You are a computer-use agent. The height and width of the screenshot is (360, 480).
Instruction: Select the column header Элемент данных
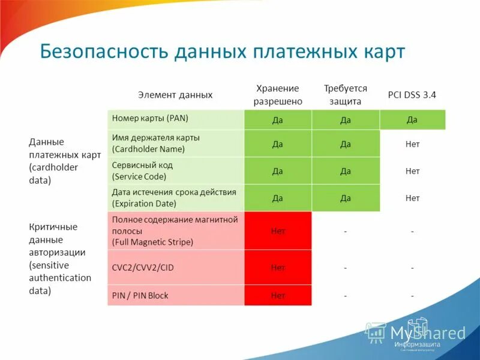175,95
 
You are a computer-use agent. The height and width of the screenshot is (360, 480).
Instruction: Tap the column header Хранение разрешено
277,95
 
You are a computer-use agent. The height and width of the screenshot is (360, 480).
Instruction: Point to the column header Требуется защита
345,95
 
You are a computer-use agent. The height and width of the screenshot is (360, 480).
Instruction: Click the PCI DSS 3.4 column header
412,95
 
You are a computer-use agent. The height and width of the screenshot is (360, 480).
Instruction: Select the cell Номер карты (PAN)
175,119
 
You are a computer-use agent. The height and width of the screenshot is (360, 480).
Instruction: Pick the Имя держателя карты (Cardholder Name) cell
175,143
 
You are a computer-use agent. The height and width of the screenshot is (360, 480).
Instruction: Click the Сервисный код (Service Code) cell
175,170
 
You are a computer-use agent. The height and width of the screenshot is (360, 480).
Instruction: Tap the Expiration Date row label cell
175,197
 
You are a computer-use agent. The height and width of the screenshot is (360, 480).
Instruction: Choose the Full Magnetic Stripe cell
175,230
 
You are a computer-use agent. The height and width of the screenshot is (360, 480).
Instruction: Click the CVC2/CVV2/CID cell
175,267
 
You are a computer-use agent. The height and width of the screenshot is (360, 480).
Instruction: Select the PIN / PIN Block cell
175,295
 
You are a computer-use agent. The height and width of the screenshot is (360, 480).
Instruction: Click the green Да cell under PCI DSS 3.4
412,119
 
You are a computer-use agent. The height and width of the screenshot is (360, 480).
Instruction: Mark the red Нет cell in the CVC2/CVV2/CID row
278,267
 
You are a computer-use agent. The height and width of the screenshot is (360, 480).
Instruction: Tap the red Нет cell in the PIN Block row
278,295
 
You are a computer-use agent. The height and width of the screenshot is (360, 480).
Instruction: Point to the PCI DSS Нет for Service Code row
412,171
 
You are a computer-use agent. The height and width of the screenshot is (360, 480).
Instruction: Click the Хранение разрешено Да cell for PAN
278,120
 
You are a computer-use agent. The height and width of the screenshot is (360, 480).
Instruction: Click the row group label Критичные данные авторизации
60,259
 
